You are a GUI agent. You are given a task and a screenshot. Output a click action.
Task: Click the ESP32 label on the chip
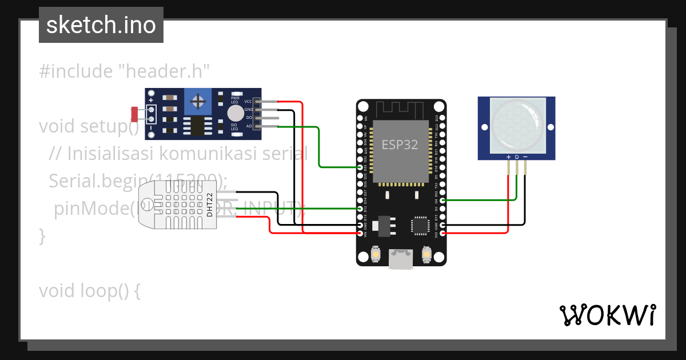[400, 145]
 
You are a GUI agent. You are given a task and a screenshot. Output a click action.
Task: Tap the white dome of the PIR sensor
[516, 125]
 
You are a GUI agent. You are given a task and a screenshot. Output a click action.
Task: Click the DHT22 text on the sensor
[210, 205]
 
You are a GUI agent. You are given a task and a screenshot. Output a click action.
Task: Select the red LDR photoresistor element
[134, 114]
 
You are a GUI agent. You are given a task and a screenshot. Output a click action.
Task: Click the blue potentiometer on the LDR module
[199, 102]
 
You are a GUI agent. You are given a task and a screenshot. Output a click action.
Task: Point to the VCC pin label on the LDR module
[248, 101]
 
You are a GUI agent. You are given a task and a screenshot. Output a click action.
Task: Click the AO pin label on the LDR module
[249, 126]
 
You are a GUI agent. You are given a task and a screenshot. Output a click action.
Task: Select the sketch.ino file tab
[101, 25]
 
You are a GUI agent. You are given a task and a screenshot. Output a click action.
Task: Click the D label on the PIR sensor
[517, 157]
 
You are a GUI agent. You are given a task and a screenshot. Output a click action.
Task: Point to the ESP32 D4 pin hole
[443, 201]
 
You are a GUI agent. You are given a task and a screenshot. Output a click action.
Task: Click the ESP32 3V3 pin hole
[443, 234]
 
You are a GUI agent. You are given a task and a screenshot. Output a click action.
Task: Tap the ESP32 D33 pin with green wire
[360, 167]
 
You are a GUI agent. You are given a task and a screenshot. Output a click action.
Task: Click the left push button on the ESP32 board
[376, 253]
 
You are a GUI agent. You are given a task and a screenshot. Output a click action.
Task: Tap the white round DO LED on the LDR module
[235, 113]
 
